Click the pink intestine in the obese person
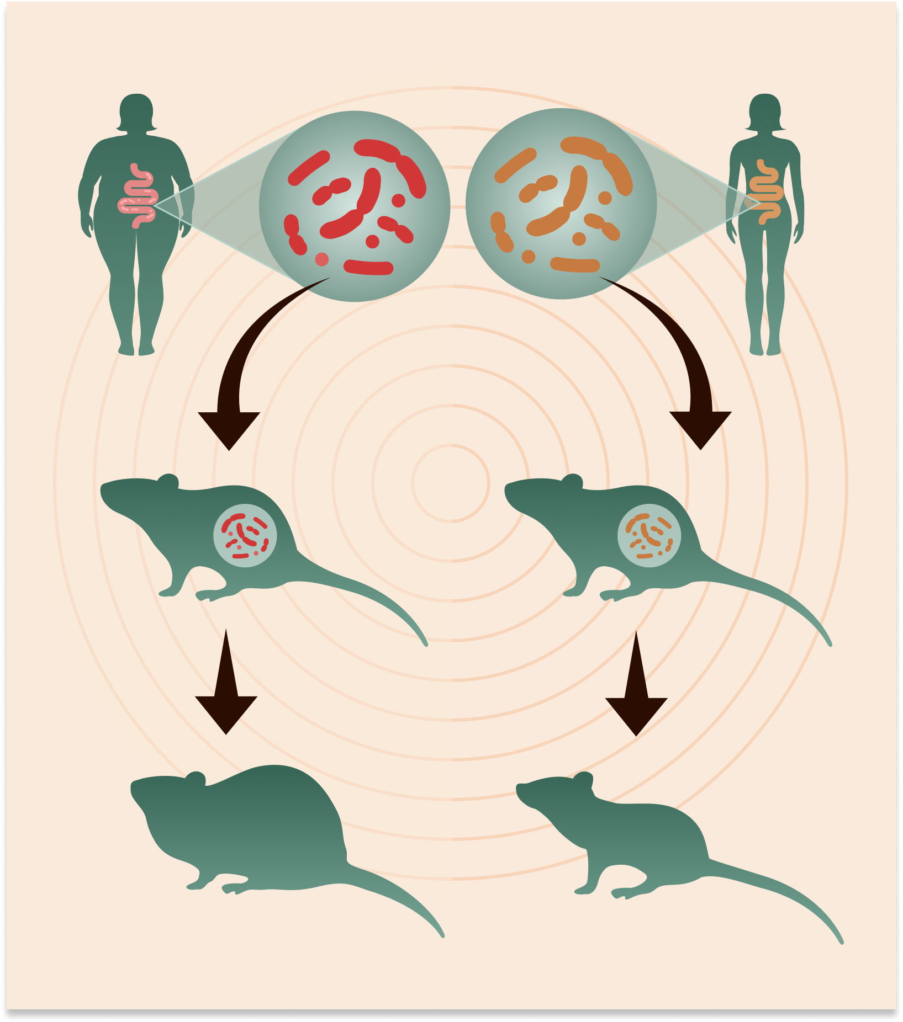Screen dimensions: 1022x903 click(138, 196)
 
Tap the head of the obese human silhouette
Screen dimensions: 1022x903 click(136, 111)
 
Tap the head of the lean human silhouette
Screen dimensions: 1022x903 click(765, 111)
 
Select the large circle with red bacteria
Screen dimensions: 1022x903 click(355, 206)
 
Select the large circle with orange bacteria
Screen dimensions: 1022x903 click(561, 204)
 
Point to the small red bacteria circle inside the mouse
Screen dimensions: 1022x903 click(245, 535)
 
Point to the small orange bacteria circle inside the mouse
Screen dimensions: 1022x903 click(649, 535)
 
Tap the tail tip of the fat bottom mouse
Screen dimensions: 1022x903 click(441, 934)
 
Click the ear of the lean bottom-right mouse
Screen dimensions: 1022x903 click(583, 780)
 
